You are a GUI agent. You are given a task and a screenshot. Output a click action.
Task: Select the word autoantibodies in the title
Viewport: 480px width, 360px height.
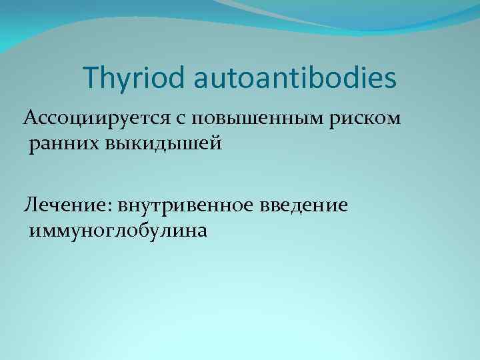coord(296,78)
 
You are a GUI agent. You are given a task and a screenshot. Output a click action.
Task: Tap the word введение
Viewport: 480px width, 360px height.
coord(302,205)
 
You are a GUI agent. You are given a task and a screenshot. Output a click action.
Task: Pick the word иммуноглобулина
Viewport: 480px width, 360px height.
coord(117,231)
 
